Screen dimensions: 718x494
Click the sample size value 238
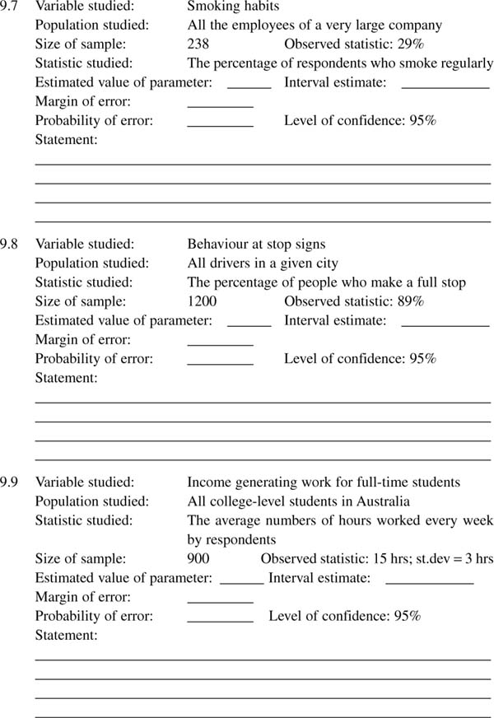click(x=198, y=45)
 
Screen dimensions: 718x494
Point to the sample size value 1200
click(x=202, y=301)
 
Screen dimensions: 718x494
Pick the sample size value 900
click(x=198, y=559)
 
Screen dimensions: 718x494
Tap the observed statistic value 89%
click(x=410, y=301)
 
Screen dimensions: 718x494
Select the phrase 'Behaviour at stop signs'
click(x=256, y=244)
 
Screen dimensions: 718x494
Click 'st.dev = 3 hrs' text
click(x=452, y=559)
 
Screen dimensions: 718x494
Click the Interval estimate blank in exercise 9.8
click(x=445, y=324)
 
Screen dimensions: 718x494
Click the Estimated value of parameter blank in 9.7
click(x=249, y=85)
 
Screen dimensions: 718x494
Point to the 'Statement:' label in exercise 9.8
click(x=66, y=378)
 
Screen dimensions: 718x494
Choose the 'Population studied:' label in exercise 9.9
click(x=92, y=501)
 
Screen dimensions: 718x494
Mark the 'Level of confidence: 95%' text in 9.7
click(x=360, y=120)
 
